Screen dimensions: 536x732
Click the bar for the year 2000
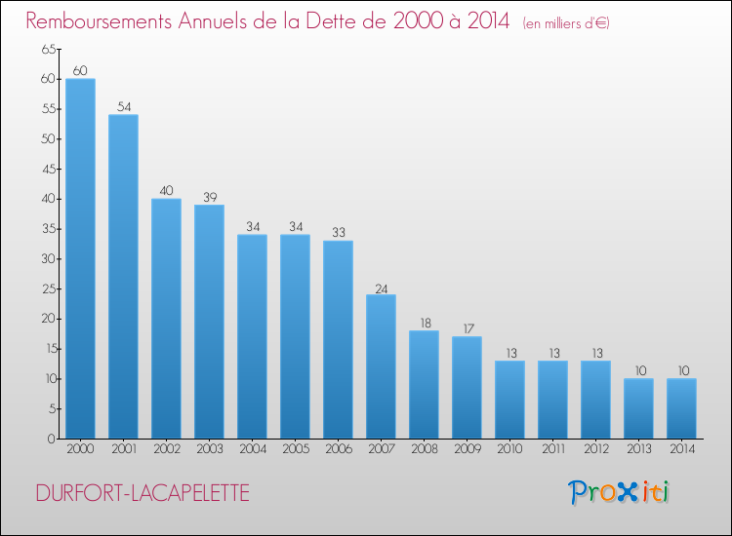pyautogui.click(x=80, y=258)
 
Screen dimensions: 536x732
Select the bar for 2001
pyautogui.click(x=123, y=277)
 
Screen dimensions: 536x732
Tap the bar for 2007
pyautogui.click(x=381, y=366)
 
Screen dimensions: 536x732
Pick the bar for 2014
pyautogui.click(x=681, y=408)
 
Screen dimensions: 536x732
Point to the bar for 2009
pyautogui.click(x=467, y=388)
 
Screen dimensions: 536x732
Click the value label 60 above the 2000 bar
pyautogui.click(x=80, y=71)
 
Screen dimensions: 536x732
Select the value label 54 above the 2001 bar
pyautogui.click(x=123, y=107)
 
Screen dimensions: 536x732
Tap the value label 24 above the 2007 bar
pyautogui.click(x=381, y=287)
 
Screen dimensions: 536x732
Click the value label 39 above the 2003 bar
pyautogui.click(x=209, y=198)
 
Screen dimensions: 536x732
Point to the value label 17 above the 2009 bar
pyautogui.click(x=467, y=329)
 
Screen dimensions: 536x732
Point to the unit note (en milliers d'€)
pyautogui.click(x=566, y=23)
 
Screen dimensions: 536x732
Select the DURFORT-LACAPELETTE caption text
pyautogui.click(x=142, y=493)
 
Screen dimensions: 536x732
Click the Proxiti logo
pyautogui.click(x=618, y=492)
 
